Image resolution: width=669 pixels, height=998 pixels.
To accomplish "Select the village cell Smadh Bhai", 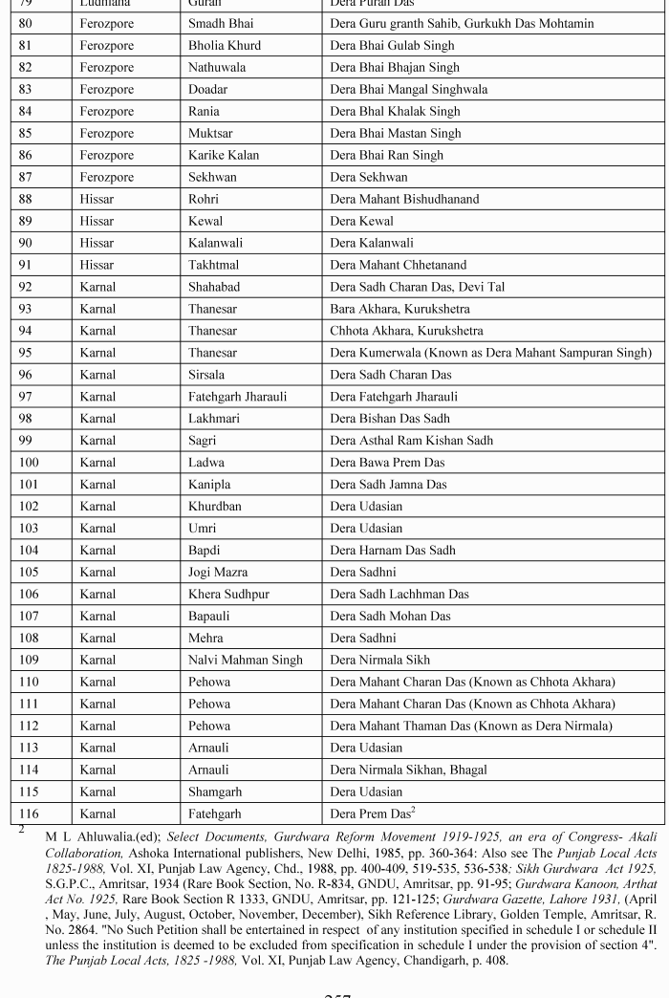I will click(222, 23).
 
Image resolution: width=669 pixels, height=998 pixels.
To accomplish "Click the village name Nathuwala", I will click(219, 67).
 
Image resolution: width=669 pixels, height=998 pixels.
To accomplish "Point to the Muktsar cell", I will click(211, 133).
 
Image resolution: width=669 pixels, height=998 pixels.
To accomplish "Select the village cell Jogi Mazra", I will click(218, 572).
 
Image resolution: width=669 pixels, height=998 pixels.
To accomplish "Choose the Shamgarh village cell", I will click(215, 792).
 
